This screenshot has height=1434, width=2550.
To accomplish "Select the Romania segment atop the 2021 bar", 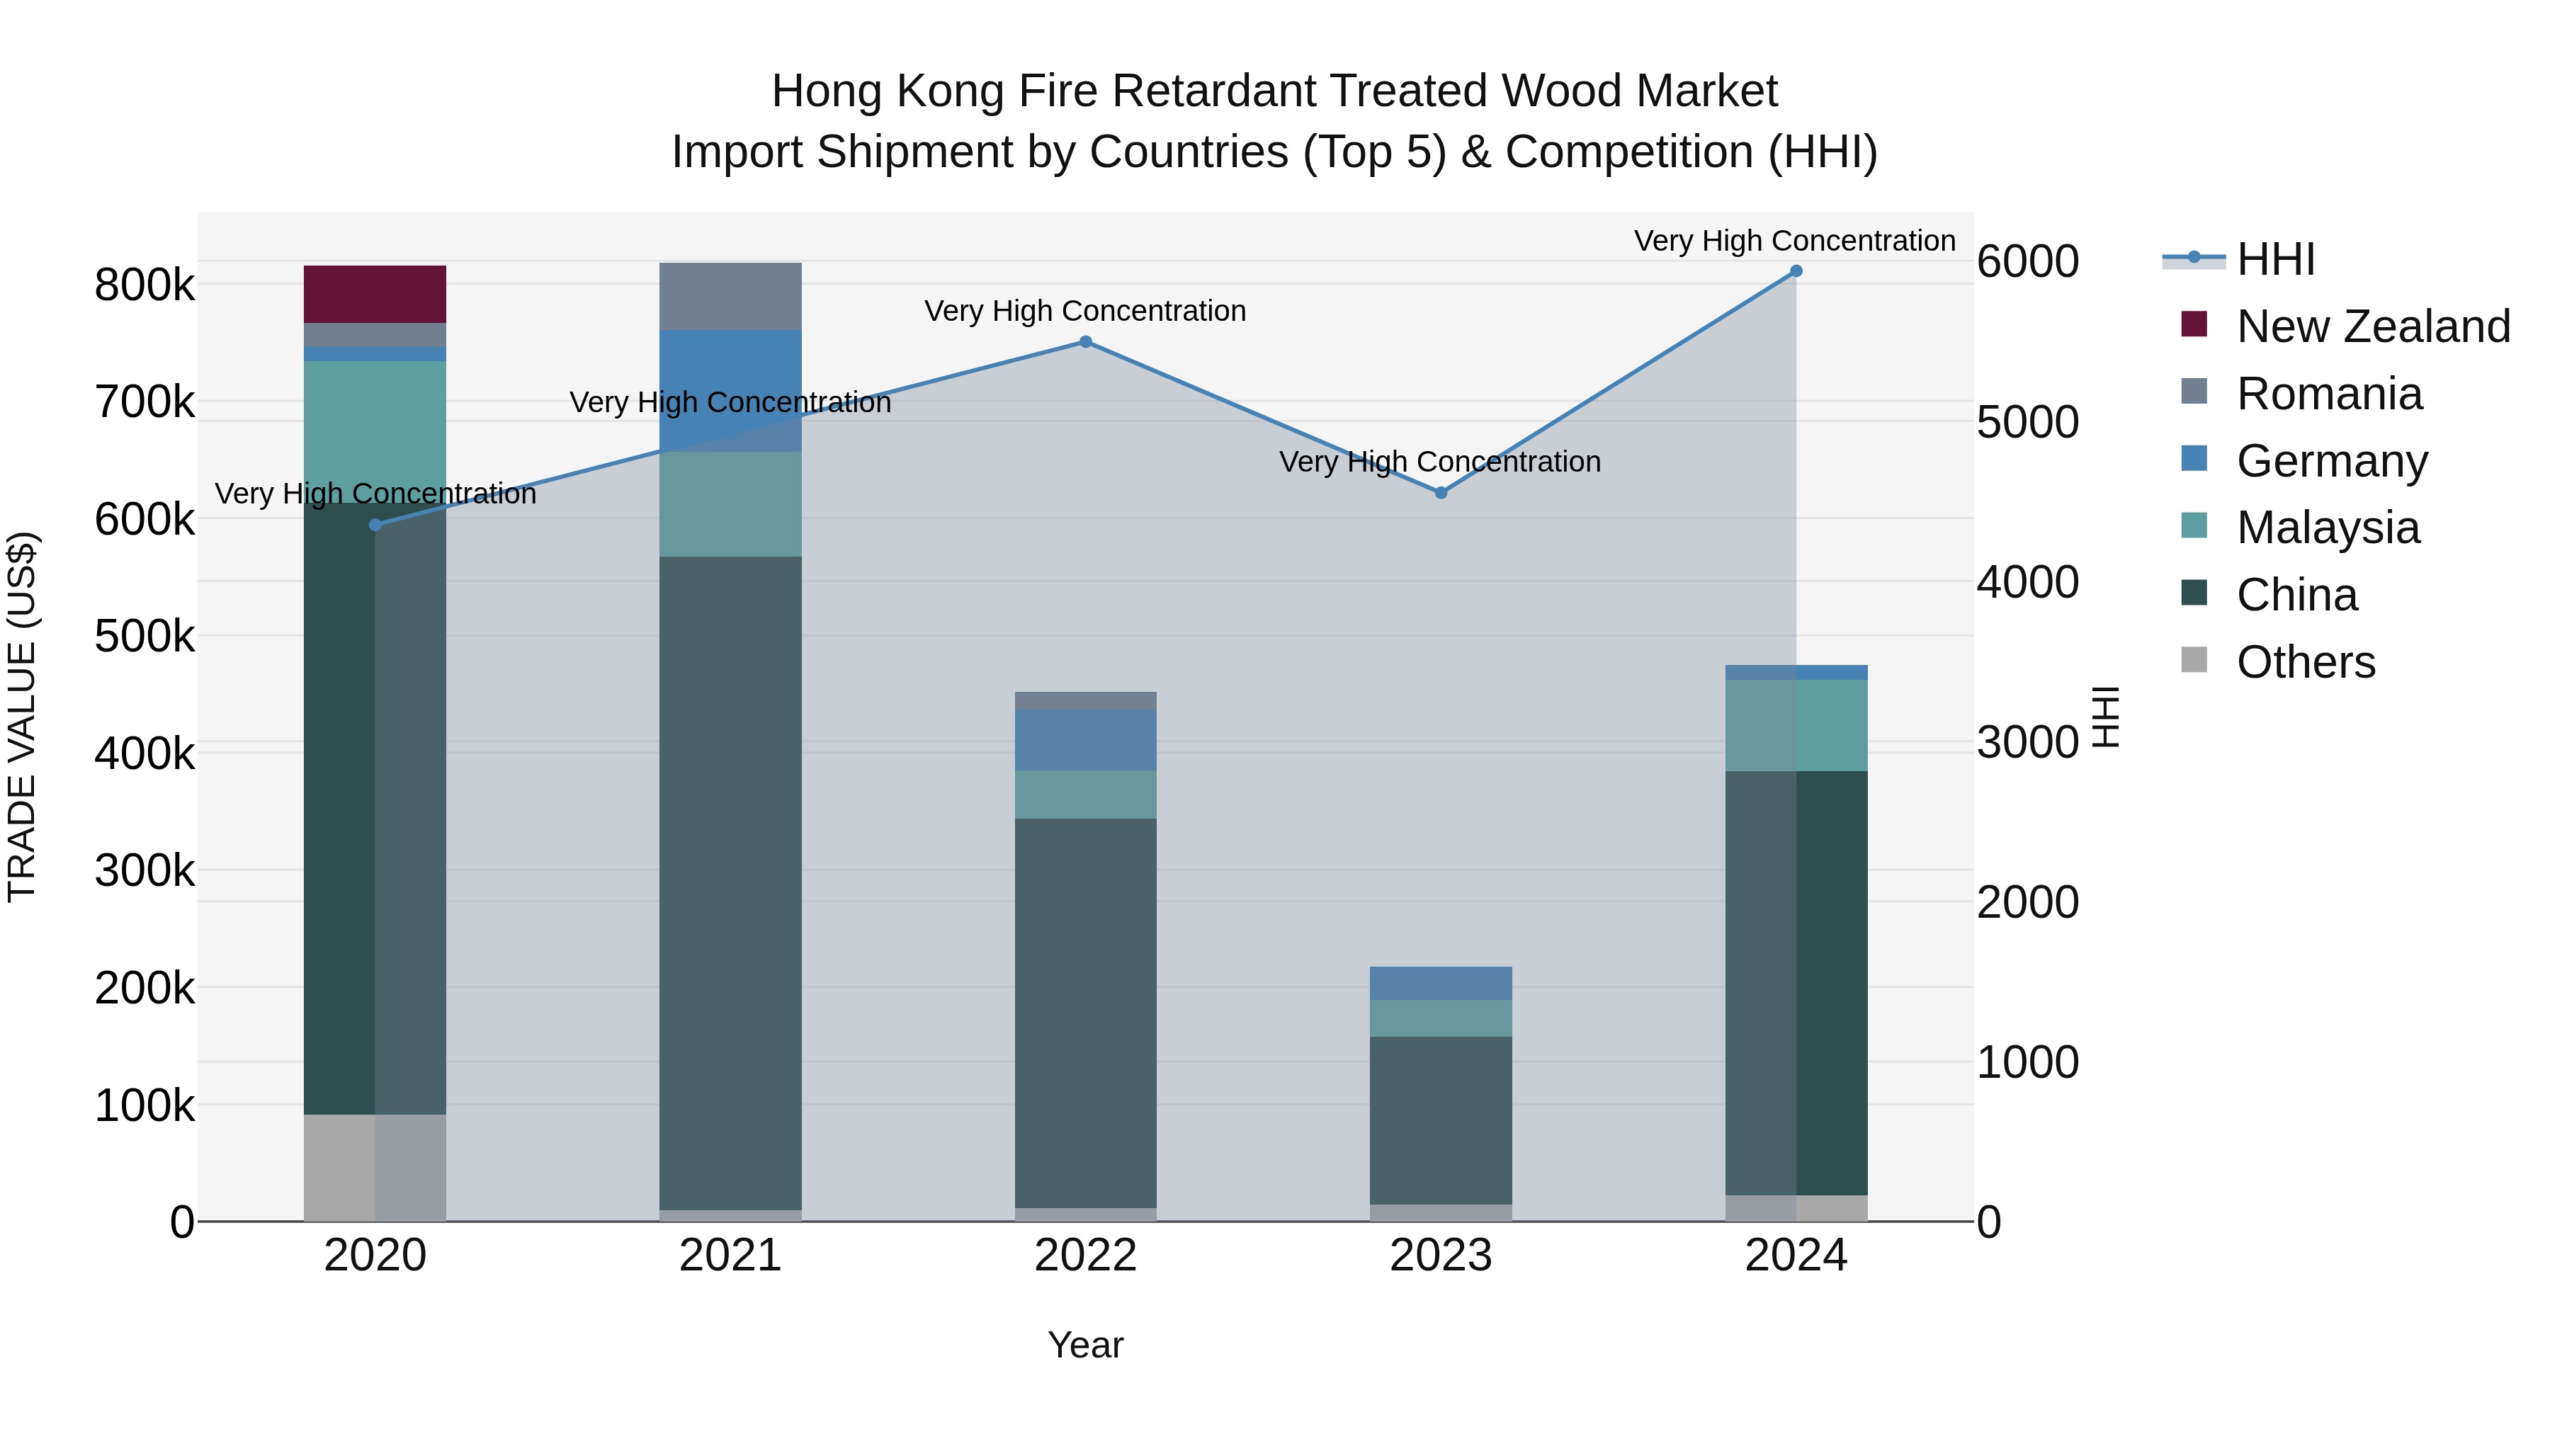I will click(730, 296).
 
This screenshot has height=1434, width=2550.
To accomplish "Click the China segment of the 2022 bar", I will click(1085, 1009).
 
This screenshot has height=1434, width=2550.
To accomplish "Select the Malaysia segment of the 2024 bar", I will click(1796, 725).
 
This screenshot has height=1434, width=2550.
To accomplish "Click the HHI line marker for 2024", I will click(1796, 271).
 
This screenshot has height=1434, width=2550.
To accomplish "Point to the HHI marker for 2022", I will click(1085, 343).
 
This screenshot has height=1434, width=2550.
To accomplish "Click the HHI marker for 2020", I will click(375, 525).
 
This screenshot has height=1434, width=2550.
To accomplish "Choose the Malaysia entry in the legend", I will click(2328, 528).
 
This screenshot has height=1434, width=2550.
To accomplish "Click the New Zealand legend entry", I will click(2373, 326).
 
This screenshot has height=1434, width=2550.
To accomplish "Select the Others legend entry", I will click(2306, 662).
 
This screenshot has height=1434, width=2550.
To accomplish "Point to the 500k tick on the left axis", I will click(144, 637).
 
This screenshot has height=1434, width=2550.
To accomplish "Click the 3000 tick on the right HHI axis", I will click(2027, 742).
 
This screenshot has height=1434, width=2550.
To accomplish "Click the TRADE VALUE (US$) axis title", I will click(22, 717).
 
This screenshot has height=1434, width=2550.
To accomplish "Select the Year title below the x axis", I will click(1085, 1345).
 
